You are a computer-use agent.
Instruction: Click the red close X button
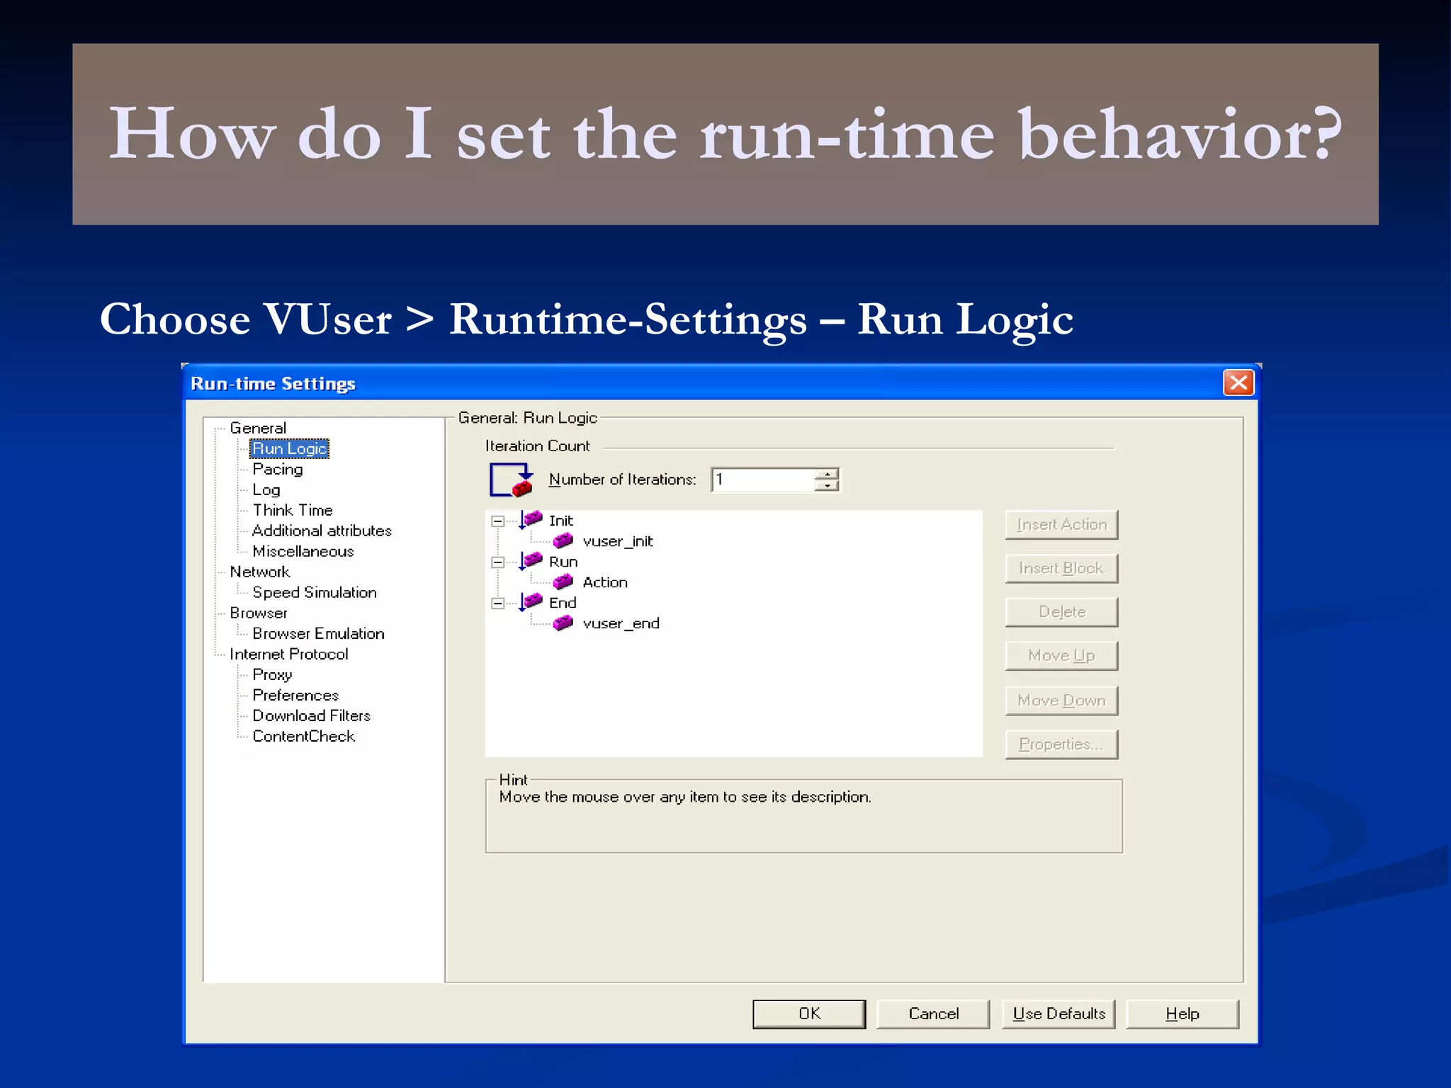pos(1238,383)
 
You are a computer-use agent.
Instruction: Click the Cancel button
pos(933,1014)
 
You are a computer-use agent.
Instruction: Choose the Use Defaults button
pos(1058,1014)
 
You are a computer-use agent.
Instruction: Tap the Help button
pos(1182,1014)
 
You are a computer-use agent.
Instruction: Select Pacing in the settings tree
pos(277,469)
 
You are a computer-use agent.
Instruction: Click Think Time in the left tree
pos(292,510)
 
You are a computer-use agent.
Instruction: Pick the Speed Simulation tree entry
pos(314,592)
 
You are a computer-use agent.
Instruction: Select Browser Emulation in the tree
pos(318,633)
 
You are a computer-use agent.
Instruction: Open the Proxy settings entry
pos(272,674)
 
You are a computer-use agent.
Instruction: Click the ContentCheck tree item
pos(303,736)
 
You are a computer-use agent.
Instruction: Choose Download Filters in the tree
pos(311,715)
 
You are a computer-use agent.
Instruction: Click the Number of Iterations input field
pos(762,480)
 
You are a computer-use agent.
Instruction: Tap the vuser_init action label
pos(617,541)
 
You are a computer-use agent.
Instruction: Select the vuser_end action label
pos(621,623)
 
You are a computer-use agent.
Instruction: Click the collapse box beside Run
pos(498,562)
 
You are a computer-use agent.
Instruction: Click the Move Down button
pos(1061,701)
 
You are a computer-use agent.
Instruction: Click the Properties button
pos(1061,744)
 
